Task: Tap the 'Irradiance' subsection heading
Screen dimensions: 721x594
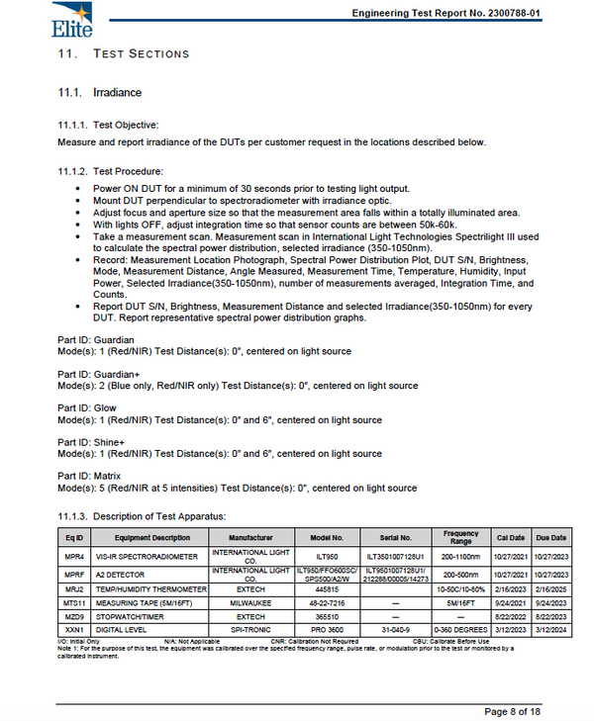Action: point(116,92)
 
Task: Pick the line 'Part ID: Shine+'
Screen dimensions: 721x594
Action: point(95,441)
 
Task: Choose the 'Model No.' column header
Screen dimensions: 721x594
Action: point(326,538)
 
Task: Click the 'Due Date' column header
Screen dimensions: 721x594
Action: point(550,538)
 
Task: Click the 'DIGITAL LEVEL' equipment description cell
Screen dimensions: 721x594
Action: point(125,627)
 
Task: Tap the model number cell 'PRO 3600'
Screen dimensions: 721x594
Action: point(326,627)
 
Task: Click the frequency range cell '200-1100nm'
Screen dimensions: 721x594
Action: point(460,557)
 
